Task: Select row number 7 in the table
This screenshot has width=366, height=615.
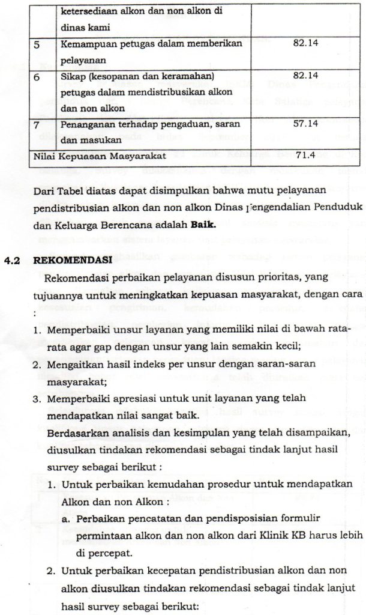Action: (38, 124)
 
